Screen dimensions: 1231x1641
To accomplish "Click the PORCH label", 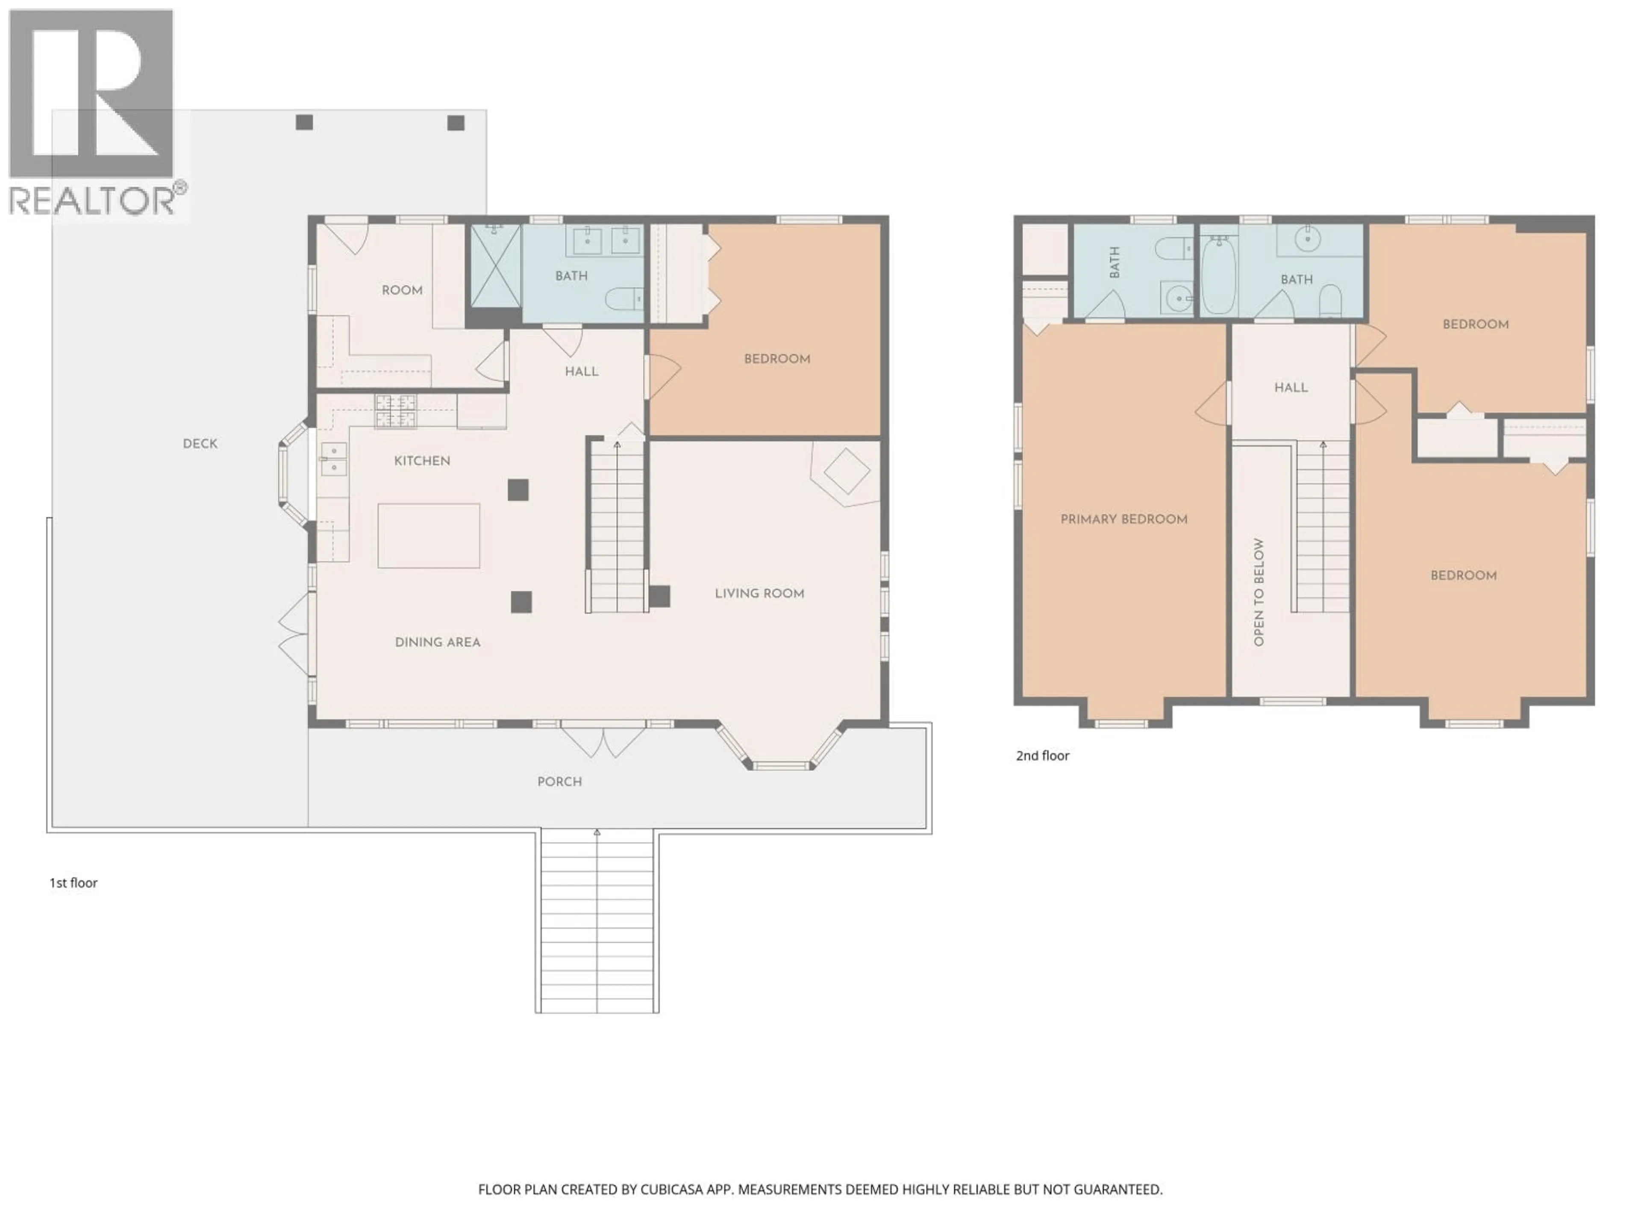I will (559, 781).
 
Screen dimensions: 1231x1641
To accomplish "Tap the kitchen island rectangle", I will (428, 536).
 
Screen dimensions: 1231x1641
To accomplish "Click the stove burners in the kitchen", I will (395, 411).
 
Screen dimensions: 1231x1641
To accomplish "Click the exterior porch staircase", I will (597, 920).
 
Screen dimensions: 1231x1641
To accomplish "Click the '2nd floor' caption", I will (1042, 755).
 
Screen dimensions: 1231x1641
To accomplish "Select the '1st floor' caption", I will (74, 882).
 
